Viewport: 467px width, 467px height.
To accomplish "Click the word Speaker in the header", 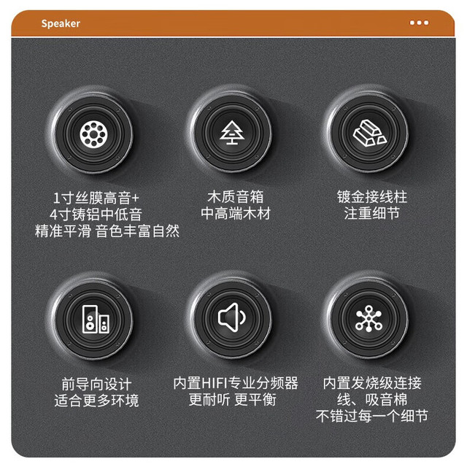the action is click(61, 23).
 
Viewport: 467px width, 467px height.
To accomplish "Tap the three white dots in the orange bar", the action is click(419, 23).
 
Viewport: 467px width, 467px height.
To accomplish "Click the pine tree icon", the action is click(232, 133).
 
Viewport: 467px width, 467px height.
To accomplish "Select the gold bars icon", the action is click(370, 133).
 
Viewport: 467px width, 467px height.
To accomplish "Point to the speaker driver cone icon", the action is click(93, 134).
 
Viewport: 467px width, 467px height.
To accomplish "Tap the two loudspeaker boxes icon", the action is click(96, 319).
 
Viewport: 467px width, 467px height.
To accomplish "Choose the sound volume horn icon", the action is click(232, 317).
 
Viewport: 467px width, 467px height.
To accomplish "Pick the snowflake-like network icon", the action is click(369, 318).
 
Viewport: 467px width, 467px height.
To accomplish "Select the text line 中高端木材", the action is click(235, 213).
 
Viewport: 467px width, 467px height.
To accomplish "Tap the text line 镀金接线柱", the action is click(372, 196).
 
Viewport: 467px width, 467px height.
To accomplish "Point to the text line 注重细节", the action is click(372, 213).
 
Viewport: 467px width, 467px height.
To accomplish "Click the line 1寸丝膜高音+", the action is click(96, 198).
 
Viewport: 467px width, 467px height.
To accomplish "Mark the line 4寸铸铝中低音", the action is click(96, 215).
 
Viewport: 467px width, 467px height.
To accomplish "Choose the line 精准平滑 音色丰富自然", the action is click(107, 231).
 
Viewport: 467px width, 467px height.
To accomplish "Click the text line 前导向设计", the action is click(96, 384).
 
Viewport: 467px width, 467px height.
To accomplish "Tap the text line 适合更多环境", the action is click(96, 401).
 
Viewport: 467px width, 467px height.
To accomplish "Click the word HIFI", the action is click(215, 383).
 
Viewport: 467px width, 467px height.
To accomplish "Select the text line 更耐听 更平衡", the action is click(232, 399).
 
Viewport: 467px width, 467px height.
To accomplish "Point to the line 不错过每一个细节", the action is click(372, 416).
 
